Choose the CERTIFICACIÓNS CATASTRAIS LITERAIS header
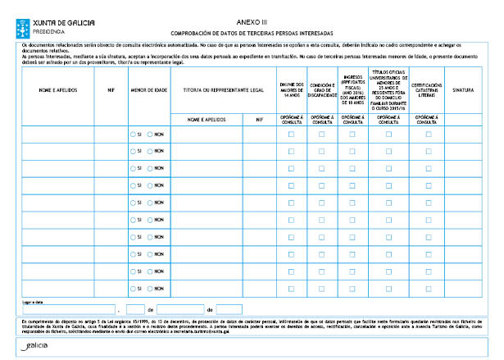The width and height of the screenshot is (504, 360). (x=428, y=89)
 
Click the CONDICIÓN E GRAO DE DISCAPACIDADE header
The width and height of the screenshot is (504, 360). (x=321, y=89)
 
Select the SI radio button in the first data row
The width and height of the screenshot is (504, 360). (x=134, y=134)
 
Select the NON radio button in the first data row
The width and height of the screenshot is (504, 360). (x=150, y=134)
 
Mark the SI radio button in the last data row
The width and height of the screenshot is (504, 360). (x=134, y=289)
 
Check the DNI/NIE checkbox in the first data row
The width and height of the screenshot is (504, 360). (x=291, y=134)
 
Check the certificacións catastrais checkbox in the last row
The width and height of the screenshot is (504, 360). (x=428, y=289)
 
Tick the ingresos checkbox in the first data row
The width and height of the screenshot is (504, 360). (x=352, y=134)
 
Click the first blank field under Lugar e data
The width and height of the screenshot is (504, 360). (x=70, y=309)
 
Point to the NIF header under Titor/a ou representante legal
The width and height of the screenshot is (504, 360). (x=258, y=119)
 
